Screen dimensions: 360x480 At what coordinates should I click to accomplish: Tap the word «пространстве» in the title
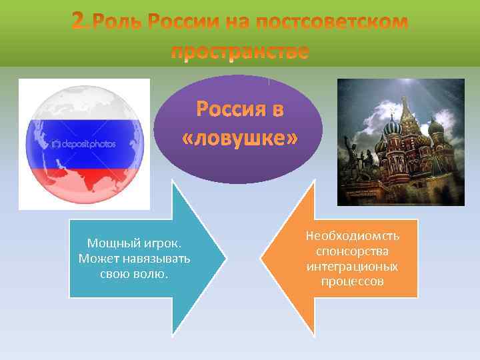pos(240,52)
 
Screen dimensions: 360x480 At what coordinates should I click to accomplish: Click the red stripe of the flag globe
pos(84,183)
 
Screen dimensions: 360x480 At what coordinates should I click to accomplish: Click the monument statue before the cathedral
pos(407,167)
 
